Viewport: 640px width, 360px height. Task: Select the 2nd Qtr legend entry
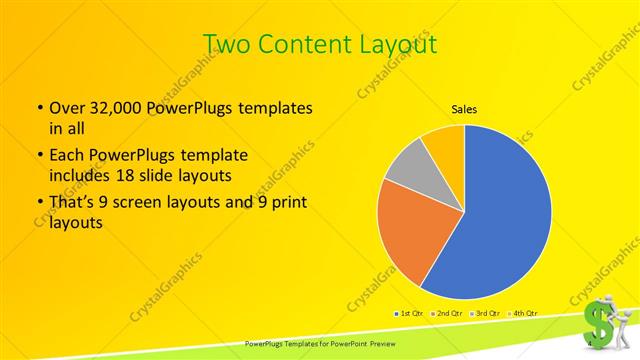coord(446,314)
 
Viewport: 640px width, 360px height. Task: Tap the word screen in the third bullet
coord(150,204)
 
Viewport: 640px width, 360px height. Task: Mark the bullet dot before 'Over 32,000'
coord(39,108)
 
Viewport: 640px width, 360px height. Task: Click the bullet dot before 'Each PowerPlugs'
coord(39,157)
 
